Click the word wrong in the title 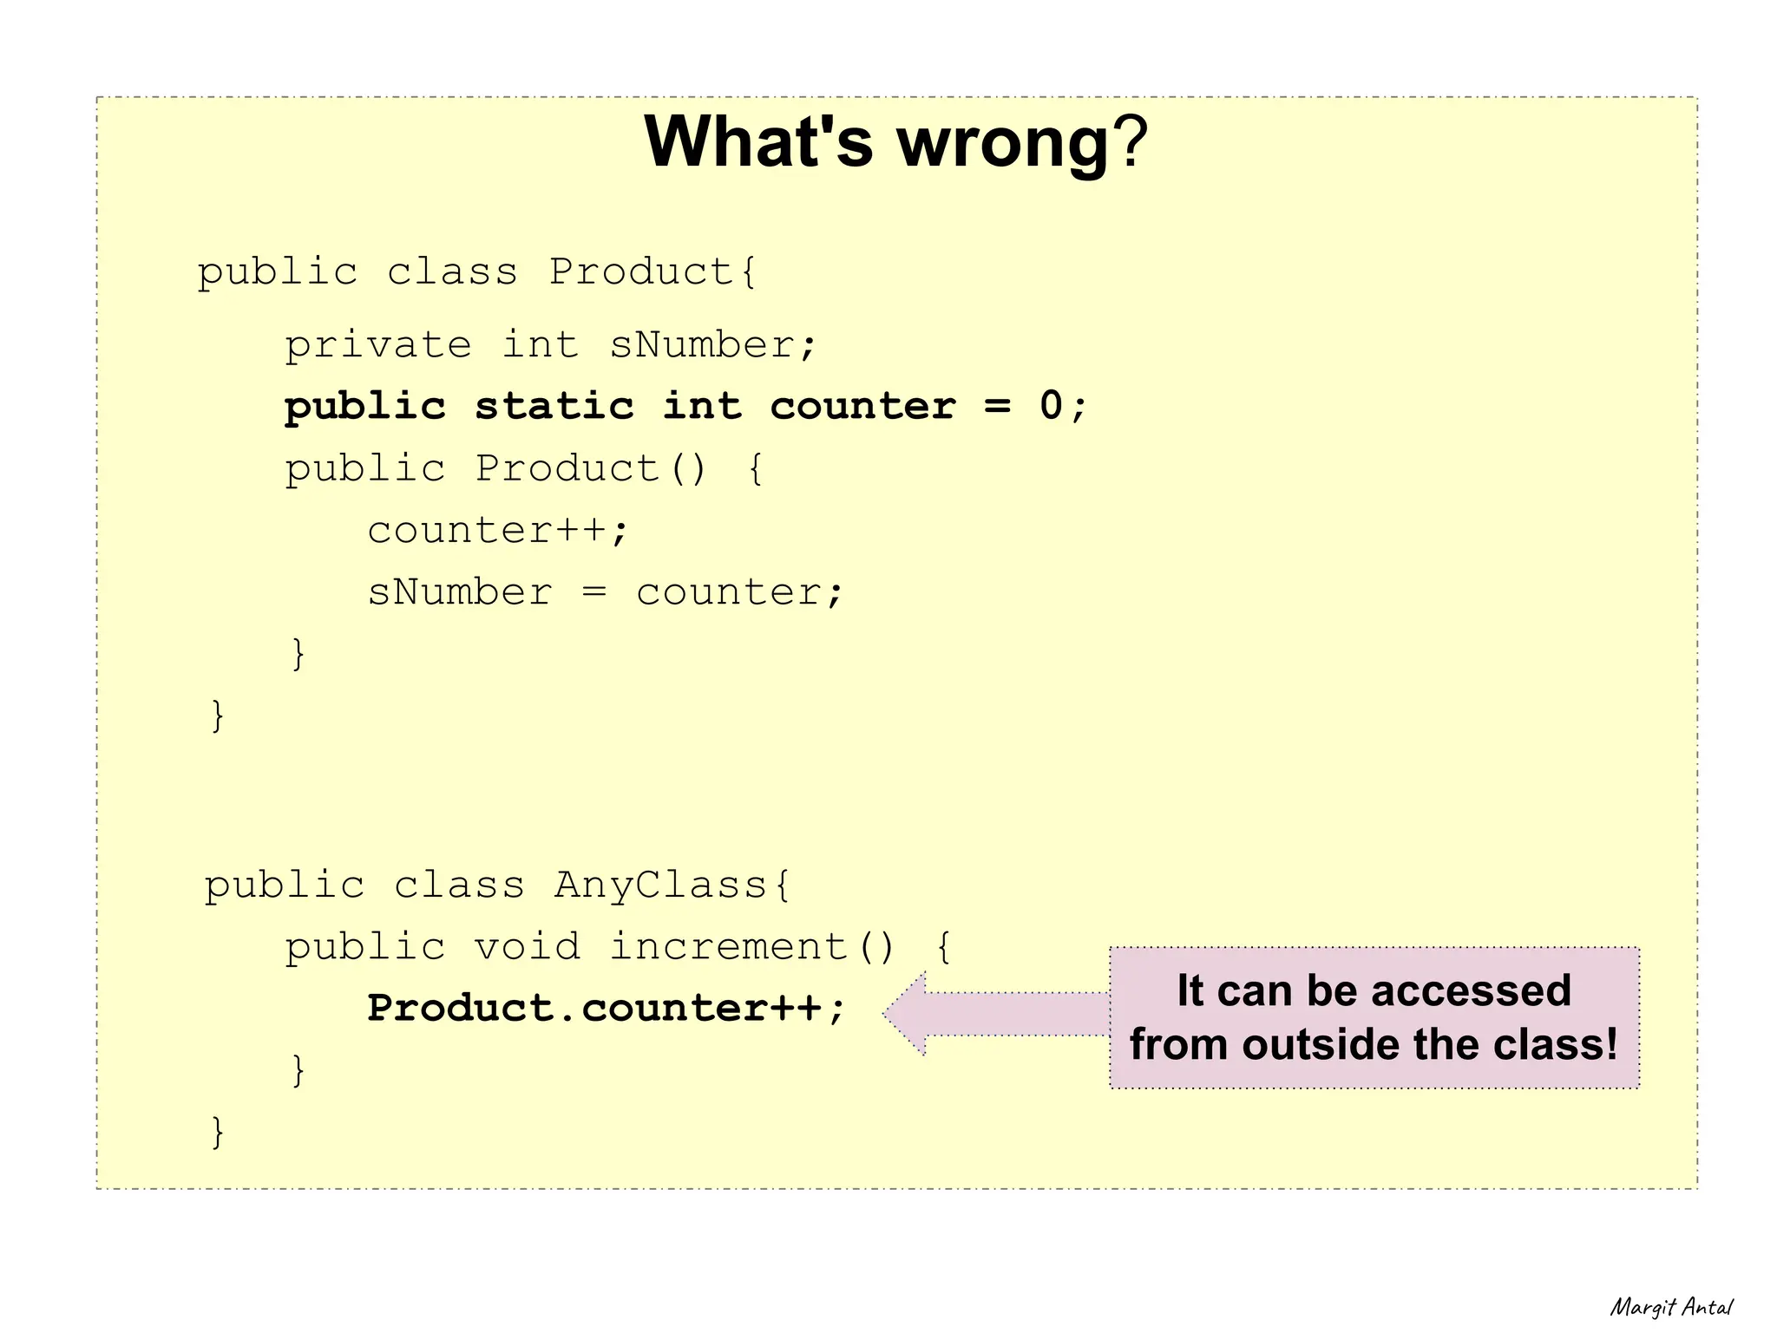coord(1002,143)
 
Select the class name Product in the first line coord(642,272)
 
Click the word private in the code coord(378,345)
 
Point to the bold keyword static coord(554,406)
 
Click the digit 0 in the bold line coord(1051,406)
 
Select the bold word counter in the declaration coord(862,406)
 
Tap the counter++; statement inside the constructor coord(496,530)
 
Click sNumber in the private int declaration coord(701,345)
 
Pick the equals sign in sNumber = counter coord(593,592)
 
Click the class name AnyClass coord(660,885)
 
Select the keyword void coord(528,946)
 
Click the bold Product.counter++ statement coord(604,1009)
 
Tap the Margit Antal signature coord(1671,1307)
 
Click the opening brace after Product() coord(755,469)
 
